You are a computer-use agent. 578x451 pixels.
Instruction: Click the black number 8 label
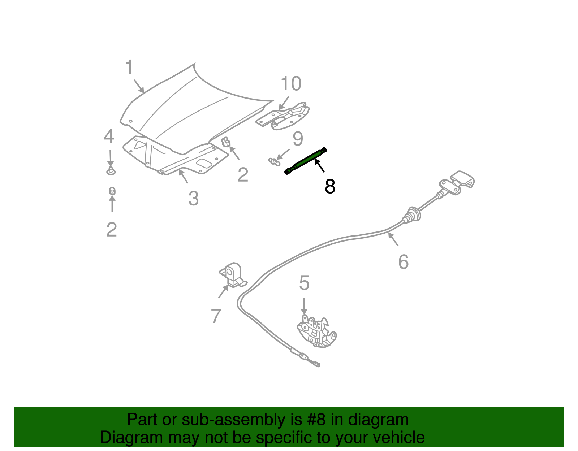click(x=330, y=186)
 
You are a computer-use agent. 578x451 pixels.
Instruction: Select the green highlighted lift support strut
click(x=306, y=161)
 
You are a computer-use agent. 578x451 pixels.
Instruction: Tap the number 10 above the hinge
click(x=291, y=84)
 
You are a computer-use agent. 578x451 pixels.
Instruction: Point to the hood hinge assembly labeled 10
click(x=285, y=115)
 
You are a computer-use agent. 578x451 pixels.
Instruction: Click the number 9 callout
click(x=298, y=139)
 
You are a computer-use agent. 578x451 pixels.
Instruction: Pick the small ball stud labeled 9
click(x=274, y=161)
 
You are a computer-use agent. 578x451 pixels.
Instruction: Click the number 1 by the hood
click(x=129, y=68)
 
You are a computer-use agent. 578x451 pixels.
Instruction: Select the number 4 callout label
click(x=109, y=136)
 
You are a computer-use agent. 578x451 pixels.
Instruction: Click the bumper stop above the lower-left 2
click(x=112, y=191)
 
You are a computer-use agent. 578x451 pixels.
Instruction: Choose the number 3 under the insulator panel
click(x=193, y=199)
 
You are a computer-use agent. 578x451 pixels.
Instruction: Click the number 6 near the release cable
click(x=403, y=262)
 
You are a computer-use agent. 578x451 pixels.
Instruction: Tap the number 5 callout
click(x=304, y=283)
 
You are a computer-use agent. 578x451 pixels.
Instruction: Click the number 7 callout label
click(x=216, y=316)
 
